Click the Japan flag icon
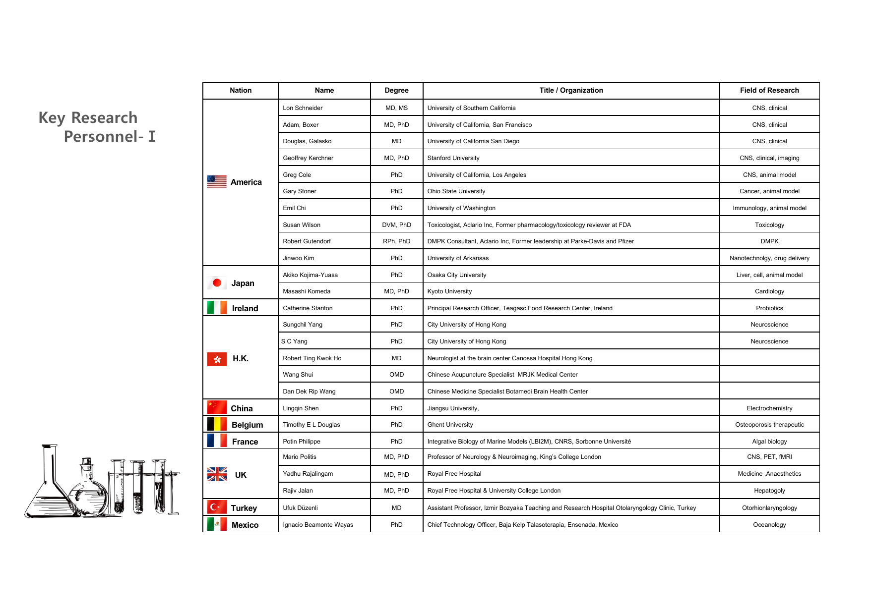[x=217, y=283]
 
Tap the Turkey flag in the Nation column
[x=217, y=507]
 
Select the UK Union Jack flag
[x=217, y=475]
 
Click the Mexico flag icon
[x=217, y=524]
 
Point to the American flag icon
[x=217, y=182]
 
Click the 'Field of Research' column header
[x=769, y=90]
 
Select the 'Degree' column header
[x=396, y=90]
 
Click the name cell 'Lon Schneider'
[x=303, y=108]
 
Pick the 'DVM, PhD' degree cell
[x=396, y=225]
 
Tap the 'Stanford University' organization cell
[x=453, y=158]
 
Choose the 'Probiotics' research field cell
[x=769, y=308]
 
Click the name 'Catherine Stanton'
[x=308, y=308]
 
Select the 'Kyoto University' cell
[x=449, y=291]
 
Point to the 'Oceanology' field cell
[x=769, y=525]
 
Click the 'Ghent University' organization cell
[x=450, y=425]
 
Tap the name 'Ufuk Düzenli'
[x=300, y=508]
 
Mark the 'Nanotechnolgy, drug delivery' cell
[x=769, y=258]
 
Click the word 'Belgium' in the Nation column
[x=247, y=425]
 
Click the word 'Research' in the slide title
[x=104, y=118]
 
